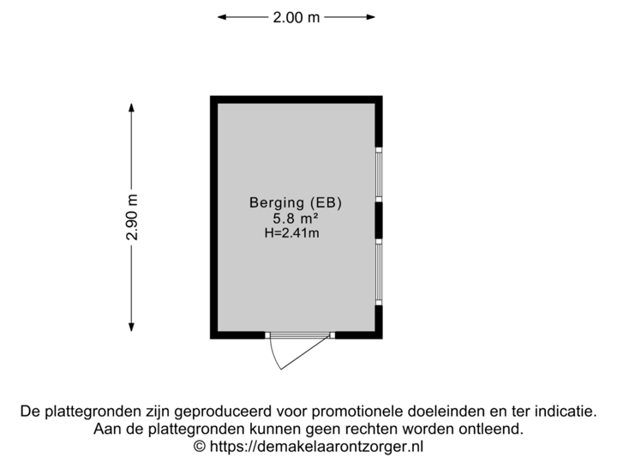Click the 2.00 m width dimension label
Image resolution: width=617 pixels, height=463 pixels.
tap(297, 16)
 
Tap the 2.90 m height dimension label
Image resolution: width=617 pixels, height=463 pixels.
tap(131, 218)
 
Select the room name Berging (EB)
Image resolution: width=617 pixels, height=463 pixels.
tap(296, 203)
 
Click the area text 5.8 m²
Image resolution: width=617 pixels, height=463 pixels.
tap(296, 218)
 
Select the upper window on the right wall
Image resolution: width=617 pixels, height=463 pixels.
tap(380, 174)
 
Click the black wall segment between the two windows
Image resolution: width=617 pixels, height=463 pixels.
tap(380, 221)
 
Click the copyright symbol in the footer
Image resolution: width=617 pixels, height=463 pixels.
tap(200, 446)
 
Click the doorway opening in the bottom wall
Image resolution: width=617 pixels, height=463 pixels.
tap(299, 335)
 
